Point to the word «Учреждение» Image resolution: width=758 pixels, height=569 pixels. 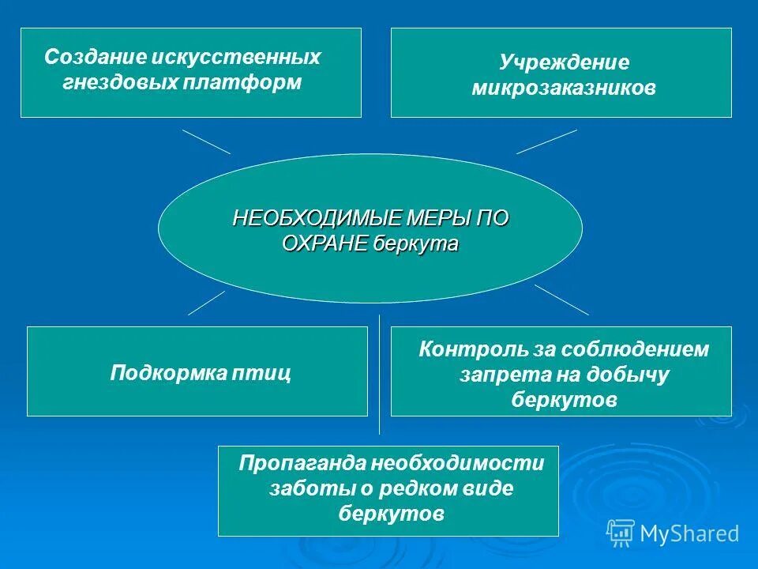point(564,62)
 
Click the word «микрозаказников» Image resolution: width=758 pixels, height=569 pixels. point(564,88)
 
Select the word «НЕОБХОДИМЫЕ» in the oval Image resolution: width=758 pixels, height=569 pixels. point(319,219)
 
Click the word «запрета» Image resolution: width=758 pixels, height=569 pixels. point(493,375)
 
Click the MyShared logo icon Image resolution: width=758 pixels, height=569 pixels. point(621,533)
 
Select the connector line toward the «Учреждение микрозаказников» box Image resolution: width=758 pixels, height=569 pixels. point(546,141)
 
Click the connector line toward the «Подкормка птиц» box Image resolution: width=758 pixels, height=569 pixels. point(207,303)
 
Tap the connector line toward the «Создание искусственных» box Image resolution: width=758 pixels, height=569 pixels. point(207,141)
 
